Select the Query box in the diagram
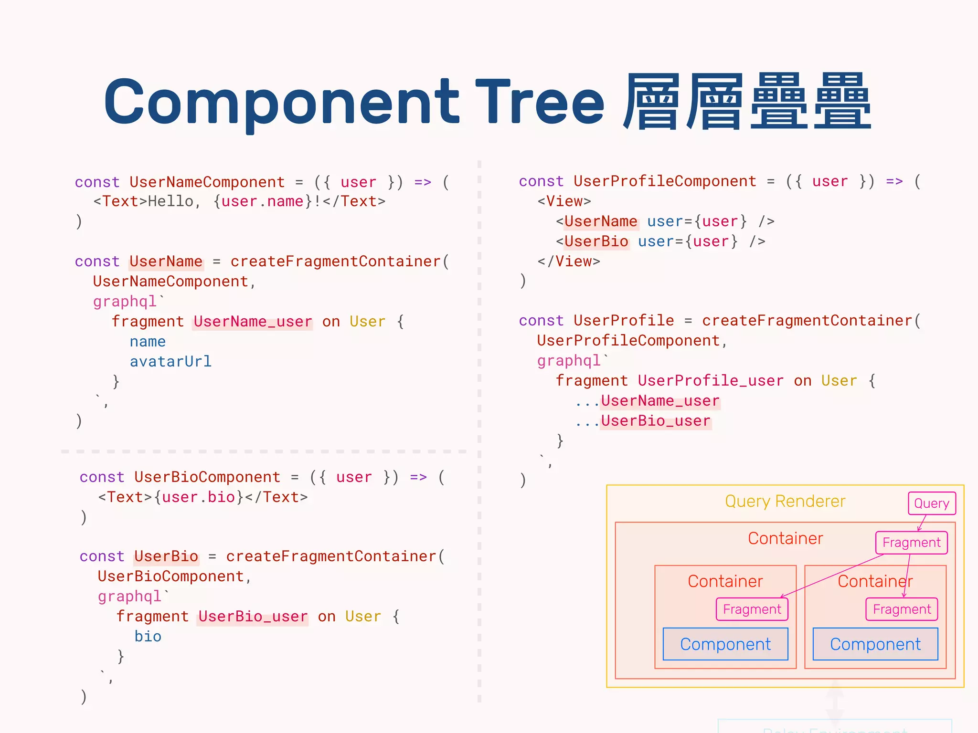click(x=931, y=503)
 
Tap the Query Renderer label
click(x=785, y=502)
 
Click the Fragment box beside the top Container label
click(x=911, y=543)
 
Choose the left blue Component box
click(x=725, y=644)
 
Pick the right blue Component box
click(x=875, y=644)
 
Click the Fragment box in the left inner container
click(x=752, y=609)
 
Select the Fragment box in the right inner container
click(x=902, y=609)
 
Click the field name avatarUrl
click(x=170, y=362)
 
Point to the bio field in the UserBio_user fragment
click(x=148, y=637)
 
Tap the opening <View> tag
click(x=564, y=201)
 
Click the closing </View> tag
click(x=568, y=262)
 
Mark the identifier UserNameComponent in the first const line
click(x=207, y=182)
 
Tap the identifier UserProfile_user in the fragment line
click(x=711, y=381)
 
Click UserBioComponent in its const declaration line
click(x=207, y=477)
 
